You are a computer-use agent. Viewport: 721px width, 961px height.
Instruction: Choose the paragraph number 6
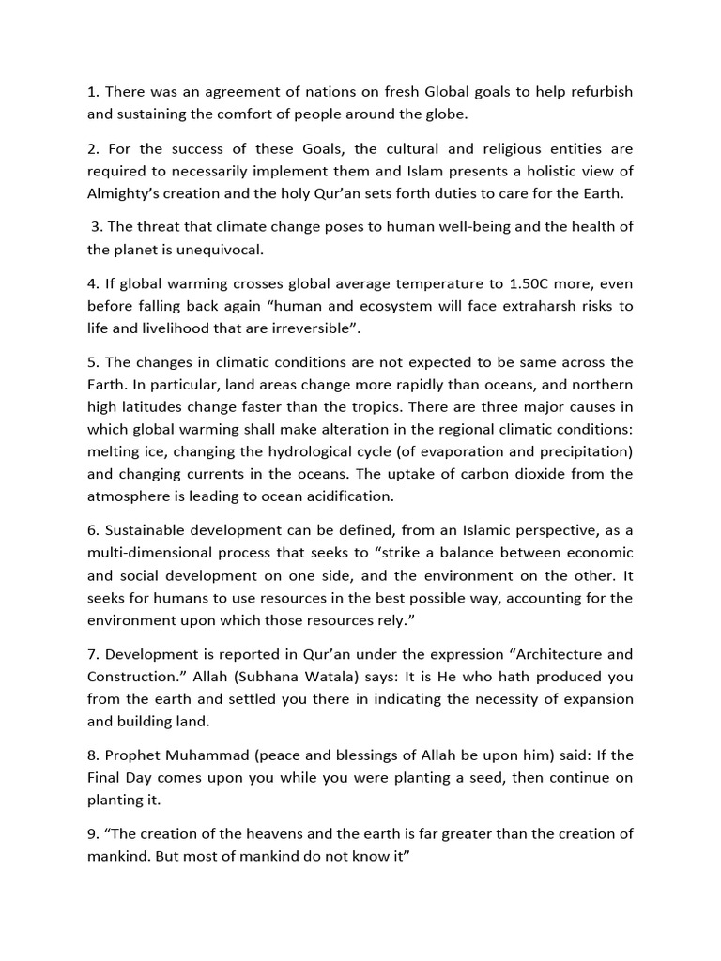(x=92, y=531)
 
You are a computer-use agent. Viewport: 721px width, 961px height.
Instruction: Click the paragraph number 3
(x=96, y=227)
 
